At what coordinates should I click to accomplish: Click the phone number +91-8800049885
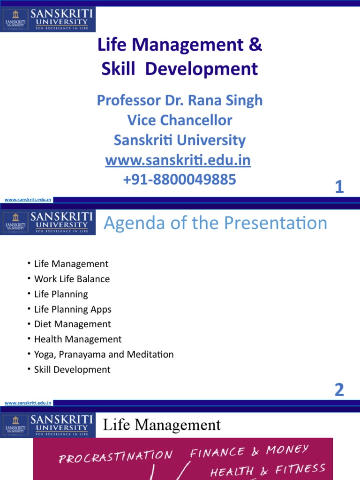[x=180, y=179]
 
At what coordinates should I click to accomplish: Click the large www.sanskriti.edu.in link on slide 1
[x=178, y=160]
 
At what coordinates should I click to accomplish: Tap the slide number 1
[x=339, y=188]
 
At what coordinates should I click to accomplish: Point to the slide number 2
[x=339, y=390]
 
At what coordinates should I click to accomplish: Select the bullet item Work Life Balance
[x=72, y=279]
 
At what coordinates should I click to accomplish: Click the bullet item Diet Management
[x=72, y=324]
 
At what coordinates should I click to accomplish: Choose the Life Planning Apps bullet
[x=73, y=309]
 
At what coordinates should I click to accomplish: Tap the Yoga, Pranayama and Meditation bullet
[x=104, y=354]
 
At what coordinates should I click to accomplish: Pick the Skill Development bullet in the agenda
[x=72, y=369]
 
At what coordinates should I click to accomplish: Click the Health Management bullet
[x=78, y=339]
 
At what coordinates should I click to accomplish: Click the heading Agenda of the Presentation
[x=215, y=223]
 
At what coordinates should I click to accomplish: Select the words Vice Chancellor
[x=180, y=120]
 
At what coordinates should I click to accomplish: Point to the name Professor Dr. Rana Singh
[x=180, y=100]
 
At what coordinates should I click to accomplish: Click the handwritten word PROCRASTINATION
[x=116, y=456]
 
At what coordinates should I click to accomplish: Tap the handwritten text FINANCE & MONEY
[x=249, y=451]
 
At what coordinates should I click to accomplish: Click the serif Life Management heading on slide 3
[x=162, y=425]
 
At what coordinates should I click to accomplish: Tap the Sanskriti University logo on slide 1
[x=48, y=20]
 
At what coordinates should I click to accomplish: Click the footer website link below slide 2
[x=28, y=403]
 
